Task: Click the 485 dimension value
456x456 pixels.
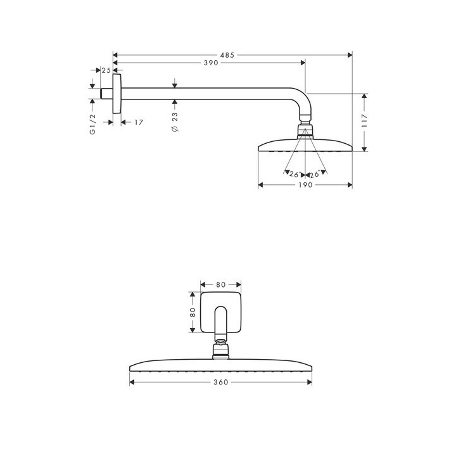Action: pyautogui.click(x=228, y=55)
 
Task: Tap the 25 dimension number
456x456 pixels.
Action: pyautogui.click(x=106, y=70)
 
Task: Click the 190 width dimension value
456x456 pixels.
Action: pyautogui.click(x=305, y=185)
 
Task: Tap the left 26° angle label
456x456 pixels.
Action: pyautogui.click(x=293, y=174)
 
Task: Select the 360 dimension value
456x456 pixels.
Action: pyautogui.click(x=220, y=382)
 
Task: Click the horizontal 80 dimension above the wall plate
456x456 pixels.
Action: pyautogui.click(x=220, y=284)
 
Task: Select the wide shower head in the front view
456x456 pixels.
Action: pyautogui.click(x=220, y=366)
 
